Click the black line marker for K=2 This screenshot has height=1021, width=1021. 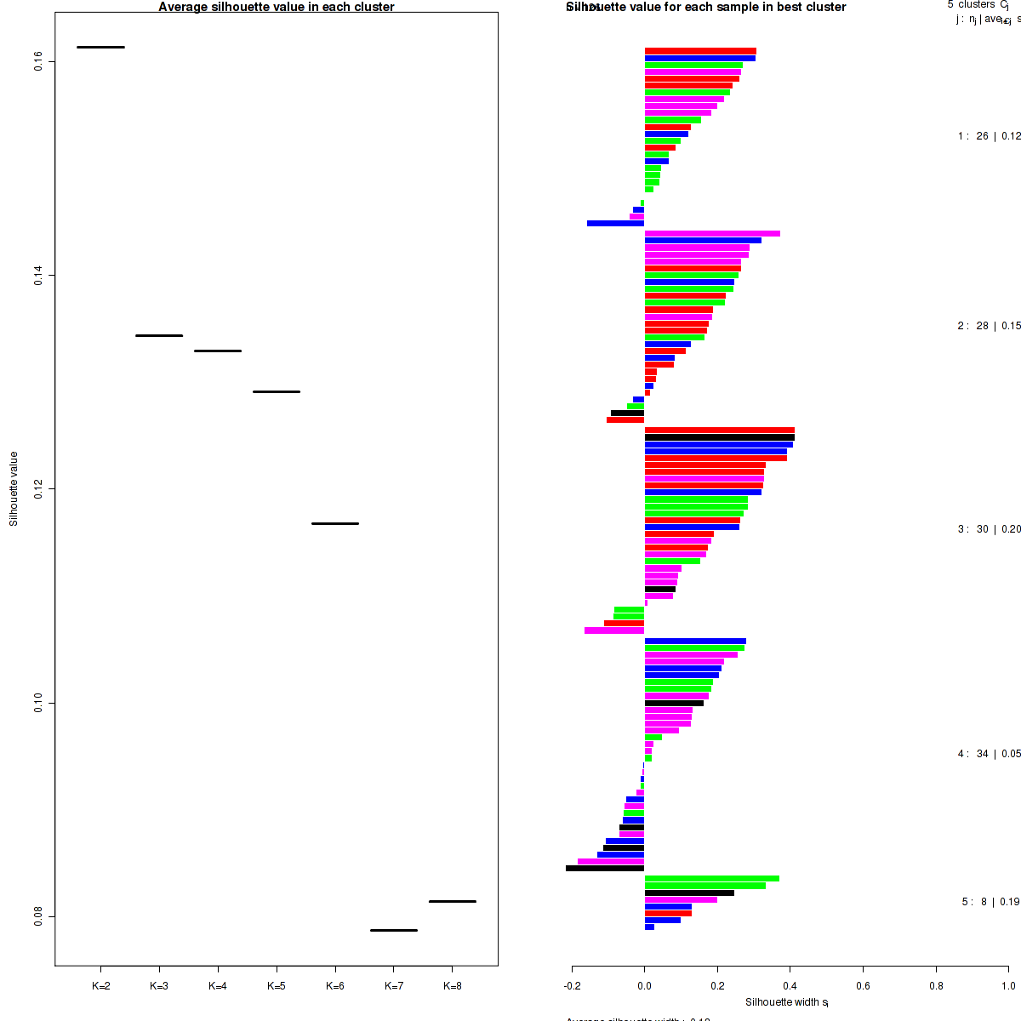coord(100,47)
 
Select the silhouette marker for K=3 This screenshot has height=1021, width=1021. coord(159,335)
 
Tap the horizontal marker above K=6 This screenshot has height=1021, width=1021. coord(335,523)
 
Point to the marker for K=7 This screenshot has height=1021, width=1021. coord(394,930)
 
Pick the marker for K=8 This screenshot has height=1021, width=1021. coord(453,901)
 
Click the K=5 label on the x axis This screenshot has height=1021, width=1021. coord(277,986)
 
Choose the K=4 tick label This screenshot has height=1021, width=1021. coord(218,986)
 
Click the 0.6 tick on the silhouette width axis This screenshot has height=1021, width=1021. coord(863,986)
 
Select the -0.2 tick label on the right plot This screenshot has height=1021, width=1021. coord(572,986)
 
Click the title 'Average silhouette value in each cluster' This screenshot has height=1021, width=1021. coord(277,7)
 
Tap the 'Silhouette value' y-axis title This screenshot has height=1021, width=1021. coord(14,488)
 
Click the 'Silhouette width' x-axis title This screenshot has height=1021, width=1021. coord(787,1002)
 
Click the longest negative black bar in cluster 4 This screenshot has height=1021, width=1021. coord(605,869)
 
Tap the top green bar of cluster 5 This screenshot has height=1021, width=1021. coord(712,879)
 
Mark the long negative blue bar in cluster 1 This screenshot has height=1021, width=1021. coord(616,224)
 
